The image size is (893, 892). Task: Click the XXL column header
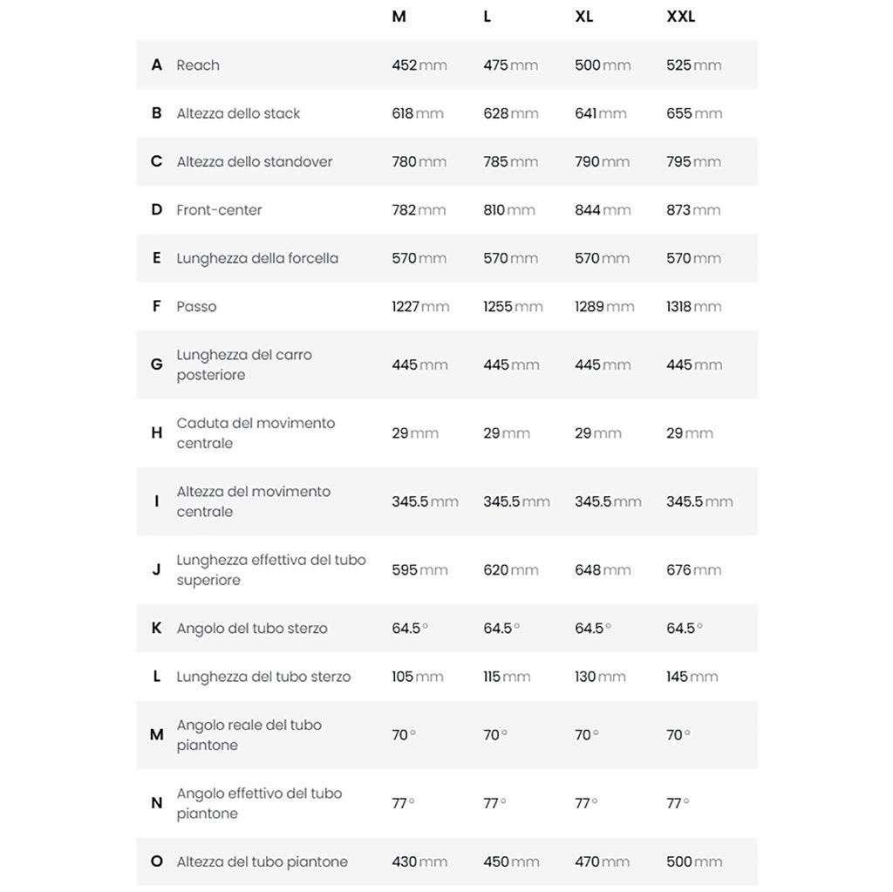click(x=680, y=17)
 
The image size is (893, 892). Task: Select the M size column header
click(x=399, y=17)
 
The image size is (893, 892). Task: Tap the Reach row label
click(x=198, y=65)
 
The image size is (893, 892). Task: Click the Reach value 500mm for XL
click(x=603, y=65)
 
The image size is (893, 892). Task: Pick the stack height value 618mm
click(x=418, y=113)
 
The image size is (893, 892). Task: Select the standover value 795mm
click(x=694, y=162)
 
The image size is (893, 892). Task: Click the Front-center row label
click(x=219, y=210)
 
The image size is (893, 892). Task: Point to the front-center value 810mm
click(x=509, y=210)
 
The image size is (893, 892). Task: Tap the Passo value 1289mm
click(x=604, y=307)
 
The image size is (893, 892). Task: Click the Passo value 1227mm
click(x=420, y=307)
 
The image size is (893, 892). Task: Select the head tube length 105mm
click(x=418, y=677)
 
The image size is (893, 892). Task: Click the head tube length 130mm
click(x=600, y=677)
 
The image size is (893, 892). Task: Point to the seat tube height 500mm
click(x=694, y=862)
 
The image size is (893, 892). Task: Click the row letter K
click(x=156, y=629)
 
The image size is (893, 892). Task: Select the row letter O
click(x=156, y=862)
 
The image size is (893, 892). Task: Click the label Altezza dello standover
click(x=255, y=162)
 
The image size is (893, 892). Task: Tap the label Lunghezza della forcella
click(x=257, y=259)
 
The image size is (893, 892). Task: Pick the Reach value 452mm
click(x=419, y=65)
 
